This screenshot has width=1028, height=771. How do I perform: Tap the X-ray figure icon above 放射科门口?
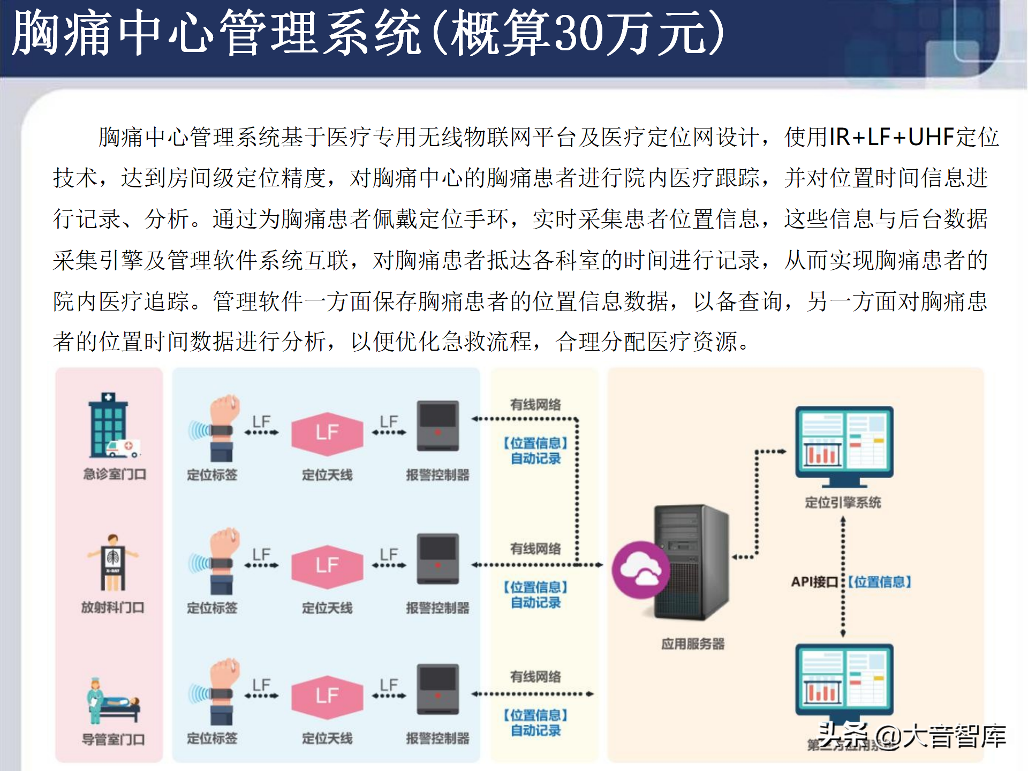pos(113,562)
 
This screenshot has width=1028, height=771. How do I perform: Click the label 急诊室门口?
pos(114,474)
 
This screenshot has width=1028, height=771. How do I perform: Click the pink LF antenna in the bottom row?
pos(327,696)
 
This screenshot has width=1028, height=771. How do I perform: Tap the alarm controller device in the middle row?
pos(438,558)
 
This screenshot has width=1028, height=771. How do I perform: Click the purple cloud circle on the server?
pos(640,570)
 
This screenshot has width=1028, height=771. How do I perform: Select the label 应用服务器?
pos(693,644)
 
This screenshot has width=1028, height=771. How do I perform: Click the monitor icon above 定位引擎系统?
pos(844,444)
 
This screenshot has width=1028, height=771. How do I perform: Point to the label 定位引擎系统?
pos(843,502)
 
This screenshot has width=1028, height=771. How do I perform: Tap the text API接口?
pos(814,582)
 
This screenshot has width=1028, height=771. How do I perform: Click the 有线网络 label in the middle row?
pos(535,549)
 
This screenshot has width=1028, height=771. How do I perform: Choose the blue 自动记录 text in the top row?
pos(535,459)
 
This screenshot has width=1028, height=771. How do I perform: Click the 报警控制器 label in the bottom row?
pos(437,738)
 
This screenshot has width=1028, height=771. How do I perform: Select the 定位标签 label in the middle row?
pos(212,608)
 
